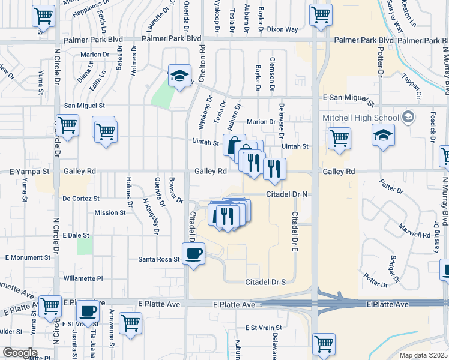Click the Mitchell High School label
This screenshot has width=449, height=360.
pyautogui.click(x=361, y=117)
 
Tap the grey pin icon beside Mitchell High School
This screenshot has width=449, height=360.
pyautogui.click(x=409, y=116)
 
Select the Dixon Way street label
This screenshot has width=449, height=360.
pyautogui.click(x=282, y=29)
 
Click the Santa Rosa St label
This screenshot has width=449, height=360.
pyautogui.click(x=159, y=259)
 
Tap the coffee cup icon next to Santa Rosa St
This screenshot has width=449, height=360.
pyautogui.click(x=193, y=254)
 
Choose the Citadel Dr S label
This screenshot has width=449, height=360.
pyautogui.click(x=264, y=282)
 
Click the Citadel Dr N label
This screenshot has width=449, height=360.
pyautogui.click(x=287, y=194)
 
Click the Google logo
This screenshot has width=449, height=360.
pyautogui.click(x=20, y=352)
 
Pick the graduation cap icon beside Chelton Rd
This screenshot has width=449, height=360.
pyautogui.click(x=179, y=76)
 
